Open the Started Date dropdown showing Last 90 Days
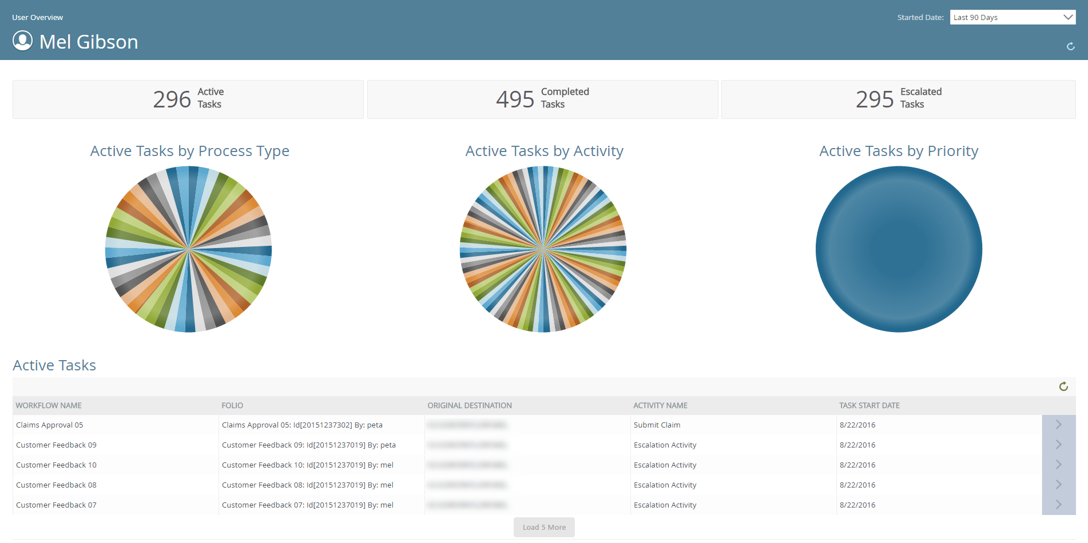click(x=1012, y=17)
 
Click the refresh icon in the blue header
click(x=1070, y=46)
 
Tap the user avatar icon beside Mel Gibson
click(x=23, y=41)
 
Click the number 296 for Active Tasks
click(x=172, y=99)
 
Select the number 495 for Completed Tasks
click(x=515, y=99)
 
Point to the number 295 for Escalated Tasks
click(x=874, y=99)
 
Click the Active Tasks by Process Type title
click(x=189, y=151)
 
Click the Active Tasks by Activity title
click(x=544, y=151)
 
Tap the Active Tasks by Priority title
click(x=898, y=151)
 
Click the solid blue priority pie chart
click(x=898, y=249)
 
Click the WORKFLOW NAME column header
click(x=49, y=405)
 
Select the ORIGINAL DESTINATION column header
click(x=469, y=405)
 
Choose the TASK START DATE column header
click(x=869, y=405)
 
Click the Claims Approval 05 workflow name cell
click(x=50, y=425)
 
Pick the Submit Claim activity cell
click(x=657, y=425)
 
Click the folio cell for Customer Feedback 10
click(x=307, y=465)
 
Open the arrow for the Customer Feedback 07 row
click(x=1058, y=505)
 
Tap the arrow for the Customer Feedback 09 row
click(x=1058, y=445)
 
